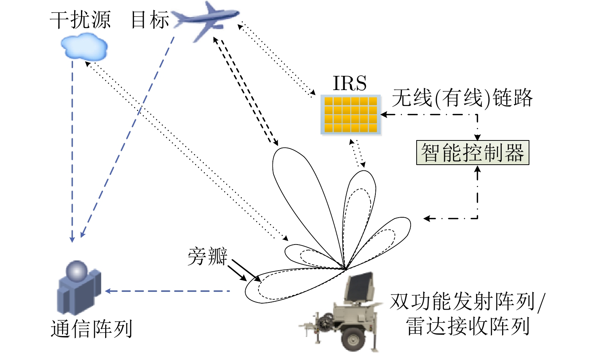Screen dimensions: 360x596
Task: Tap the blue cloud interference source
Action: click(84, 47)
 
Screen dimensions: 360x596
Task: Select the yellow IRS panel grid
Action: click(351, 115)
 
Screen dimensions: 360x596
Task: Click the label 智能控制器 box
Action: click(472, 153)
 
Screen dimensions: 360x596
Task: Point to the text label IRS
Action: click(349, 83)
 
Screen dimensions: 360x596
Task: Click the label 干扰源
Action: click(80, 20)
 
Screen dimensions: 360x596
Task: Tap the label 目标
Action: click(149, 20)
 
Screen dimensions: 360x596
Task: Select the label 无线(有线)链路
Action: click(462, 98)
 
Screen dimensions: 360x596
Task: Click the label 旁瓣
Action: click(207, 256)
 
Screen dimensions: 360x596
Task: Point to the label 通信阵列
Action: click(92, 329)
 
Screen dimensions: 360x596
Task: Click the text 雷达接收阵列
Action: click(468, 326)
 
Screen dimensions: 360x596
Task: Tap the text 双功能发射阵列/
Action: click(468, 302)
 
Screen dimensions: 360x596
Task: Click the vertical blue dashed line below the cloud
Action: click(72, 151)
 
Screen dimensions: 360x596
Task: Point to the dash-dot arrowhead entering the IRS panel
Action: click(383, 114)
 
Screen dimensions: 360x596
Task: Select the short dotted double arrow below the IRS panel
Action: click(357, 154)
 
